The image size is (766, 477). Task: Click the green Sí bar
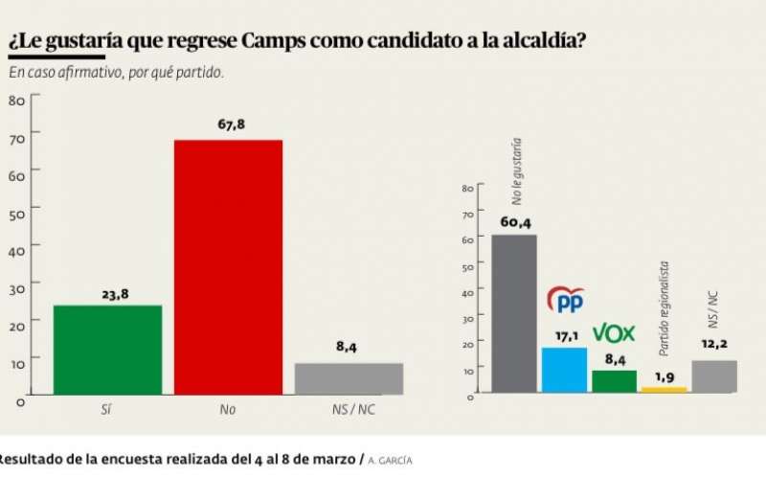point(107,350)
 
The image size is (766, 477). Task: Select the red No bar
point(228,267)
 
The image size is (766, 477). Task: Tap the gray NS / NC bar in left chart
point(349,378)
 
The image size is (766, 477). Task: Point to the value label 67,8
point(228,125)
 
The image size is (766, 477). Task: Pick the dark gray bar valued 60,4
point(514,313)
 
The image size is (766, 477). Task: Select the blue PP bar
point(564,370)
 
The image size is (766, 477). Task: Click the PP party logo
point(565,300)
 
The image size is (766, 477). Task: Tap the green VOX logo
point(614,333)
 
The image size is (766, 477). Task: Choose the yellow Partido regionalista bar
point(664,389)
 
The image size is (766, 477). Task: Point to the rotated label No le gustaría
point(517,170)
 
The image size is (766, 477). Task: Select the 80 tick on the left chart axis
point(16,100)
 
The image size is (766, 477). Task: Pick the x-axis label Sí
point(106,409)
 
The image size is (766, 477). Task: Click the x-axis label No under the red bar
point(227,409)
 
